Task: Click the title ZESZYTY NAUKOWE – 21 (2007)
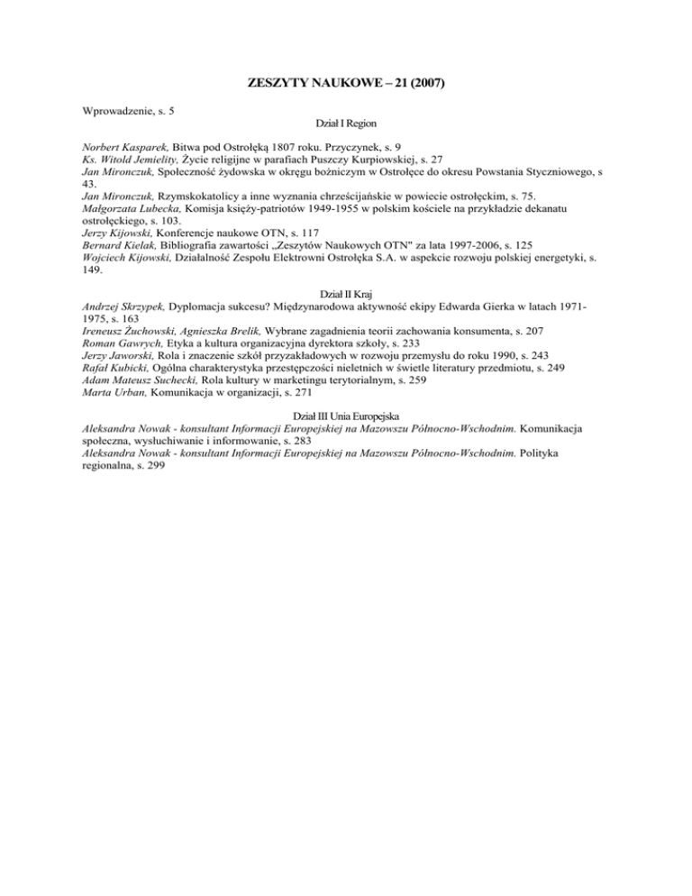346,84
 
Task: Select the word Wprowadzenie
112,111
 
